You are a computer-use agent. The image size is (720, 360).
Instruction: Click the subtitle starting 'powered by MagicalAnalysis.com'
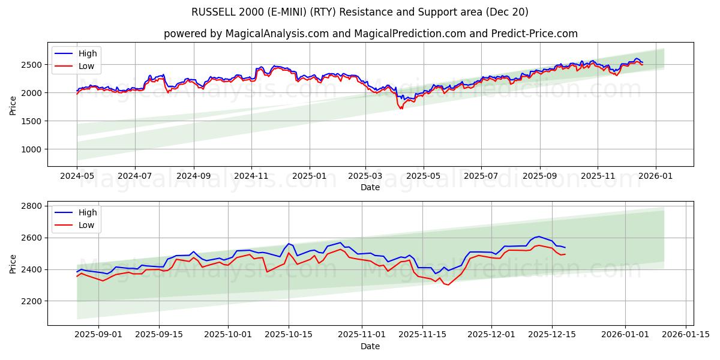[370, 34]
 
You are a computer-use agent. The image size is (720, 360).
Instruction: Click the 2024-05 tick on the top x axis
[77, 177]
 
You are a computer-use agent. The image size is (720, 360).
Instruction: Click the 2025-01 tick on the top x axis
[310, 177]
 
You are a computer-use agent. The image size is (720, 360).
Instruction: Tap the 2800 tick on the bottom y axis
[32, 206]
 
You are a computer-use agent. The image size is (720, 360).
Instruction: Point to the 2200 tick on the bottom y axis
[32, 301]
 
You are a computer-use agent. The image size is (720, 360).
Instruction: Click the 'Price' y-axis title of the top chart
[13, 104]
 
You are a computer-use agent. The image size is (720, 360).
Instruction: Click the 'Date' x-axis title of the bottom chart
[370, 346]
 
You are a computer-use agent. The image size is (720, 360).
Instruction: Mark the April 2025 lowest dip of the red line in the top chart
[401, 109]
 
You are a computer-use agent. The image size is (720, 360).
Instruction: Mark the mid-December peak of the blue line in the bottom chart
[538, 236]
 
